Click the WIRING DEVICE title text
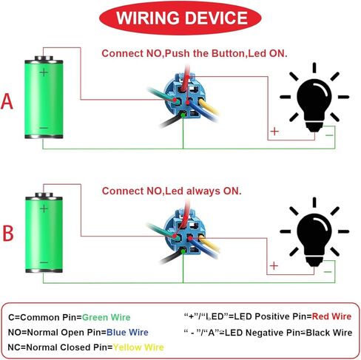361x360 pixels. pyautogui.click(x=182, y=18)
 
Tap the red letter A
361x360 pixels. pyautogui.click(x=7, y=101)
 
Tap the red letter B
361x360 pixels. pyautogui.click(x=8, y=233)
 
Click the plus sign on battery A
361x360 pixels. pyautogui.click(x=44, y=72)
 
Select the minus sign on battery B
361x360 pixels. pyautogui.click(x=44, y=262)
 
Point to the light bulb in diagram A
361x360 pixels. pyautogui.click(x=314, y=97)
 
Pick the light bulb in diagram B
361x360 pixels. pyautogui.click(x=314, y=232)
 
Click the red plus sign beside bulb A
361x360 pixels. pyautogui.click(x=274, y=132)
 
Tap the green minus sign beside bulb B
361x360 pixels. pyautogui.click(x=328, y=272)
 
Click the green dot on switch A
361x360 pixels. pyautogui.click(x=183, y=115)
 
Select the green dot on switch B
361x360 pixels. pyautogui.click(x=183, y=251)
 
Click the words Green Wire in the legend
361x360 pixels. pyautogui.click(x=106, y=317)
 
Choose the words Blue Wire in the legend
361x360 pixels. pyautogui.click(x=127, y=333)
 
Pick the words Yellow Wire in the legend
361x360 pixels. pyautogui.click(x=138, y=347)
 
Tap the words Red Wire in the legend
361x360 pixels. pyautogui.click(x=331, y=316)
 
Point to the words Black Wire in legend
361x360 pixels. pyautogui.click(x=329, y=333)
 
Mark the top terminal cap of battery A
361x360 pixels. pyautogui.click(x=44, y=58)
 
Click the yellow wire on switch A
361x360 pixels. pyautogui.click(x=209, y=107)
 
